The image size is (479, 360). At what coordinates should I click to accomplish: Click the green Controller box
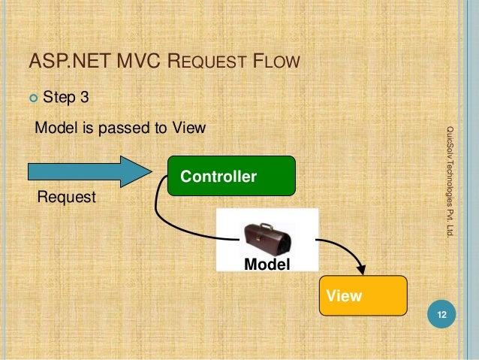point(230,176)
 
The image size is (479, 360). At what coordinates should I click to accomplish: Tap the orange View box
point(363,295)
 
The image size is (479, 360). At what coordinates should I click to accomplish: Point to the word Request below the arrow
point(67,198)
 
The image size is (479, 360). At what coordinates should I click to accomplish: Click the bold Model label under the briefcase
point(267,263)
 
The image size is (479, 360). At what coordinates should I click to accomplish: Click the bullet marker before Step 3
point(32,96)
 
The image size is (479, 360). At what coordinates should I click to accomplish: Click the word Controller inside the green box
point(218,177)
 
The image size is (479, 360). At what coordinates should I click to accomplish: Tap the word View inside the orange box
point(344,295)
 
